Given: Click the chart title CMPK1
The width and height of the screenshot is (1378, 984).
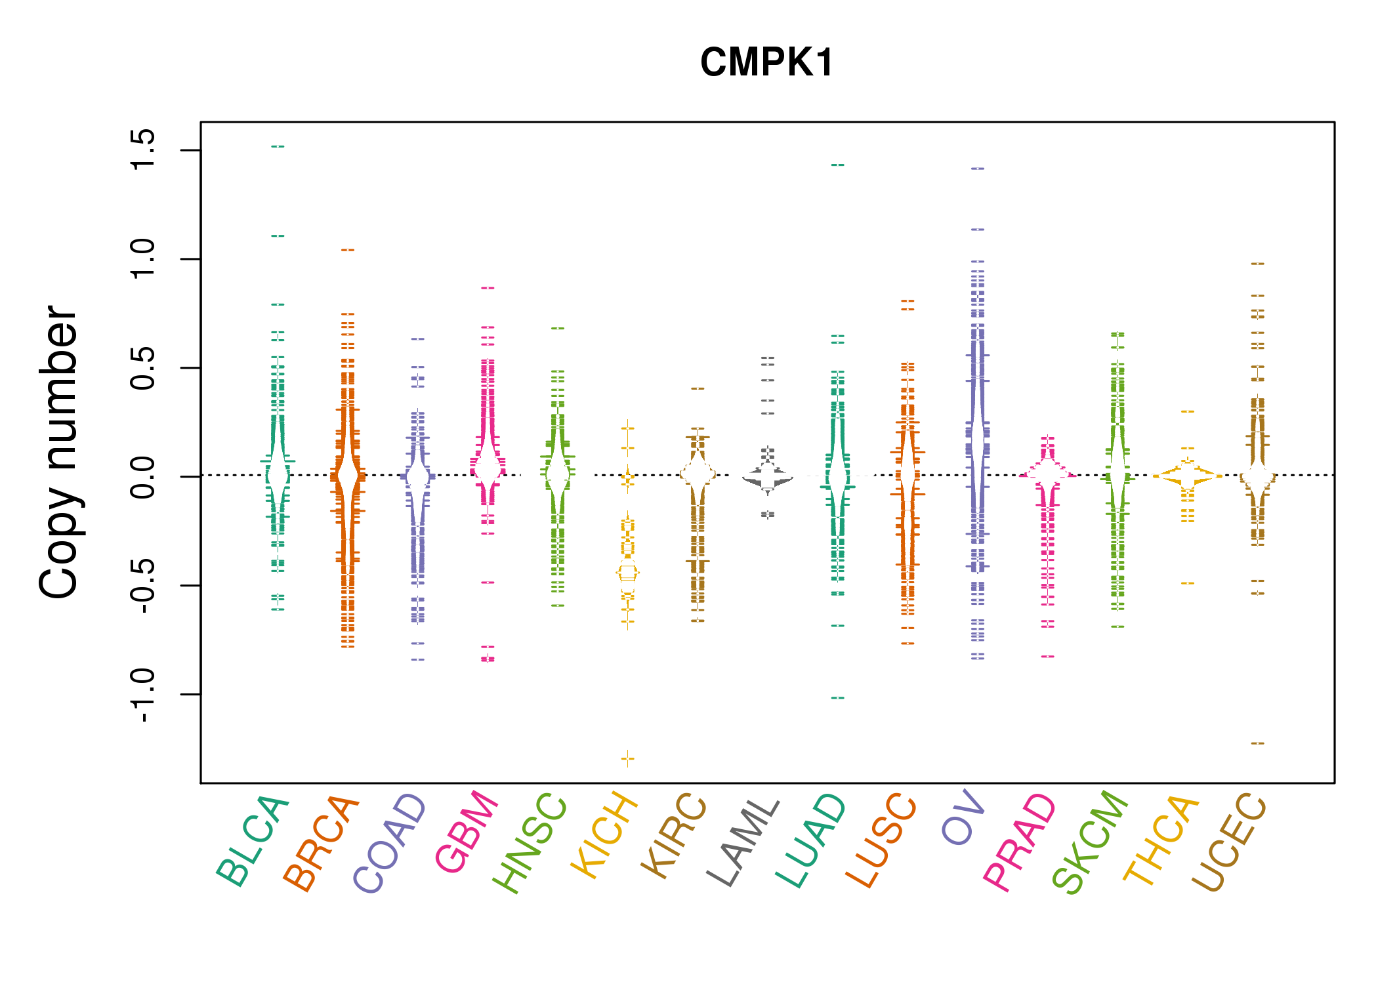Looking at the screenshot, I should coord(766,62).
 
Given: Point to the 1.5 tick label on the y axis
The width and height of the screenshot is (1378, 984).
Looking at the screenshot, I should coord(142,150).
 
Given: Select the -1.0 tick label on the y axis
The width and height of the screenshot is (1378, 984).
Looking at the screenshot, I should coord(142,695).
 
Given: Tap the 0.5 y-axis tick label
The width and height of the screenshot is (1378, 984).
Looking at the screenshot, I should coord(142,368).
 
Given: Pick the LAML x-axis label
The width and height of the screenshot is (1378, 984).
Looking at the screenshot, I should coord(742,842).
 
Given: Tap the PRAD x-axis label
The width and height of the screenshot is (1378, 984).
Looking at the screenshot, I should coord(1019,842).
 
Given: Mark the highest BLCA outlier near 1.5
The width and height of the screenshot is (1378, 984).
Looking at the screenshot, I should coord(278,146).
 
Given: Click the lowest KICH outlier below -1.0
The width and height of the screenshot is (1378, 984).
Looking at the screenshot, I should coord(627,759).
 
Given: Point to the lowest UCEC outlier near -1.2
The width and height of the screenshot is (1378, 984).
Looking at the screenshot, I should coord(1257,743).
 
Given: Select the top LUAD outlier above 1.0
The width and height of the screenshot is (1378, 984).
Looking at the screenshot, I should coord(837,165).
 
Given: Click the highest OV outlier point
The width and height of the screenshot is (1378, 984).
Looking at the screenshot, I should coord(977,169).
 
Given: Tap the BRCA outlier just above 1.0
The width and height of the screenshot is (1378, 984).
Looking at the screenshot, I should coord(348,250).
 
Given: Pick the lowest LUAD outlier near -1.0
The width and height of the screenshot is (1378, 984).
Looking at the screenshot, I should coord(837,698).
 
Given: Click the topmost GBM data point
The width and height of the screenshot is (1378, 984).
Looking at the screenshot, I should coord(488,288).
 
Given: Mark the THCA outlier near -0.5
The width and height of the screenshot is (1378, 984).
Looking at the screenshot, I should coord(1187,583).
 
